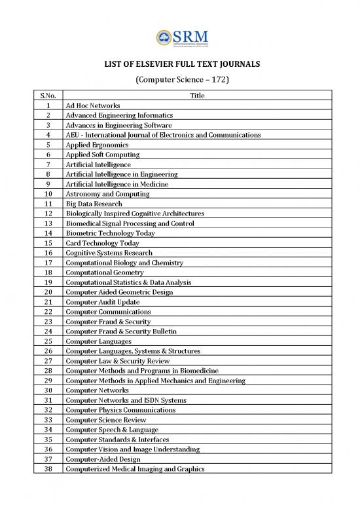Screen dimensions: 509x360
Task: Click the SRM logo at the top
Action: click(x=180, y=38)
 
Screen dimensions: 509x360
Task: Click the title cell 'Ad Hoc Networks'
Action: click(x=92, y=105)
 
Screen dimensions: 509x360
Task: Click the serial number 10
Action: click(x=49, y=194)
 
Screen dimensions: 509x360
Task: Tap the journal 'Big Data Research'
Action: click(x=94, y=204)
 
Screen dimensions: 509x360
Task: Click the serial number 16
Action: click(x=49, y=253)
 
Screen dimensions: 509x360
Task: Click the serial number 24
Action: click(x=49, y=331)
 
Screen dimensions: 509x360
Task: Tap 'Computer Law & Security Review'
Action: click(x=116, y=361)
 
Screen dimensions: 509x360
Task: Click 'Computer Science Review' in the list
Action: click(x=105, y=420)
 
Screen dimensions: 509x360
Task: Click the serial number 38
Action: click(x=49, y=469)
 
